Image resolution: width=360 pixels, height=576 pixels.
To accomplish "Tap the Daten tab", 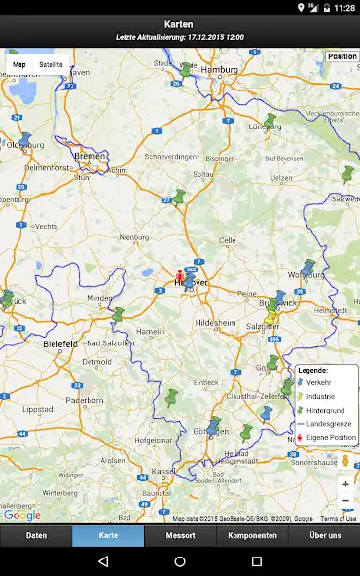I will pyautogui.click(x=36, y=536).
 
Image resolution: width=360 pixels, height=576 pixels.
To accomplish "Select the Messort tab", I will pyautogui.click(x=180, y=536).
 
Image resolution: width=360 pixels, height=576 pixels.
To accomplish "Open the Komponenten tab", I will pyautogui.click(x=252, y=536).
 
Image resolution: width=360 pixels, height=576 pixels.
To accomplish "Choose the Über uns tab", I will pyautogui.click(x=324, y=536).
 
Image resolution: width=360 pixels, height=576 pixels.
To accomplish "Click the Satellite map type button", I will pyautogui.click(x=51, y=65).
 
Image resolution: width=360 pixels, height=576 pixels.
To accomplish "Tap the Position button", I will pyautogui.click(x=342, y=56).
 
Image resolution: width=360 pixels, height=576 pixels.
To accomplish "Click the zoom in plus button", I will pyautogui.click(x=345, y=484).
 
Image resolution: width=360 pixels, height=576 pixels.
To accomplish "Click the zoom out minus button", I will pyautogui.click(x=345, y=500).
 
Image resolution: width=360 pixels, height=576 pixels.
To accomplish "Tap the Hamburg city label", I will pyautogui.click(x=219, y=71).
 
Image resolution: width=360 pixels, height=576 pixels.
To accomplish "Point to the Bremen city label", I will pyautogui.click(x=90, y=156).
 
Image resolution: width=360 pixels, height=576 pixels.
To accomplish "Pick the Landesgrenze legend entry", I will pyautogui.click(x=329, y=423).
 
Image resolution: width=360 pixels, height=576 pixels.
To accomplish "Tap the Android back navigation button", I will pyautogui.click(x=103, y=561).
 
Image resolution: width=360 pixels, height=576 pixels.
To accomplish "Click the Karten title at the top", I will pyautogui.click(x=179, y=23).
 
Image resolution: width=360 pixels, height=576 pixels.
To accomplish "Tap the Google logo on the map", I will pyautogui.click(x=21, y=516).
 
